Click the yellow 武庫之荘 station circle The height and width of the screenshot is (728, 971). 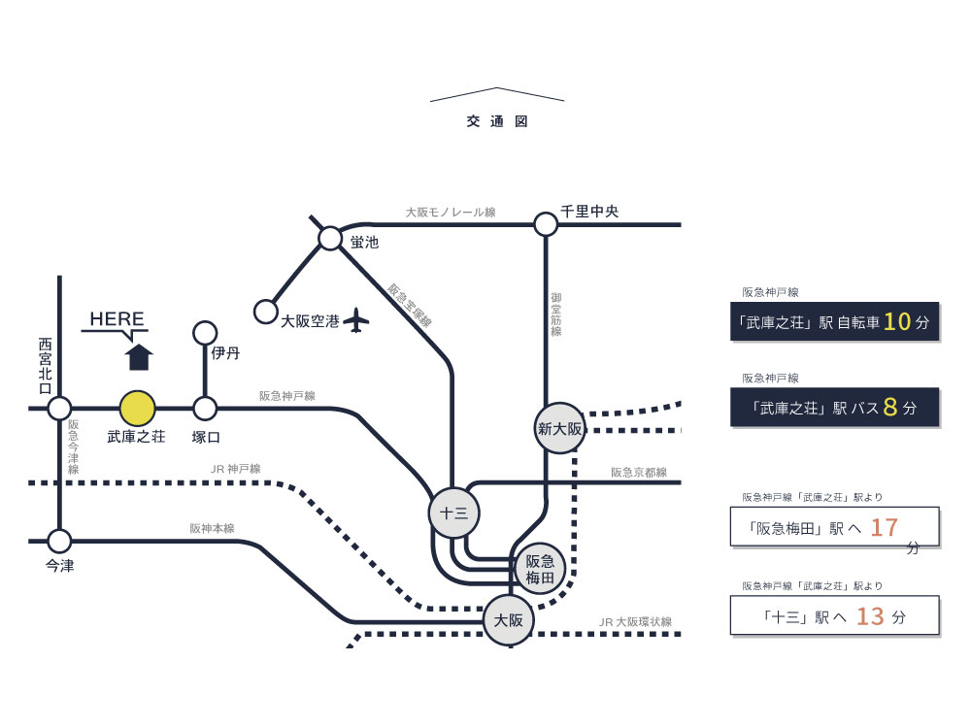click(x=137, y=409)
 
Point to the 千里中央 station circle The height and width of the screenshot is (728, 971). click(x=546, y=225)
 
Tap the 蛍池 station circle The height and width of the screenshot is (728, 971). click(x=330, y=239)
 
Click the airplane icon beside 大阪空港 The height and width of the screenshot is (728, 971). click(x=358, y=319)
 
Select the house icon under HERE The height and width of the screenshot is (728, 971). click(x=140, y=356)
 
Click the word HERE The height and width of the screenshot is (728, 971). click(x=117, y=319)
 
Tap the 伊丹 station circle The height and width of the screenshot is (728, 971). click(x=205, y=333)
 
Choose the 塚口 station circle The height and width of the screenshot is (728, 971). click(x=205, y=409)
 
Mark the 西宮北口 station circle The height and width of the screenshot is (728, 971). click(x=60, y=409)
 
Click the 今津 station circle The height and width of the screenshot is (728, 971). click(x=60, y=541)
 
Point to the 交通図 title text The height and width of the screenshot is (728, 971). click(x=496, y=122)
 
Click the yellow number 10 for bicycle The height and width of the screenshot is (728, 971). click(x=897, y=322)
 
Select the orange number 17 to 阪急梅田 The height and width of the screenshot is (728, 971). click(x=885, y=528)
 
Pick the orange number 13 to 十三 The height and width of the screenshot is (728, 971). click(x=871, y=616)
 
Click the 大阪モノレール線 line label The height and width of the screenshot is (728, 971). click(x=451, y=212)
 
